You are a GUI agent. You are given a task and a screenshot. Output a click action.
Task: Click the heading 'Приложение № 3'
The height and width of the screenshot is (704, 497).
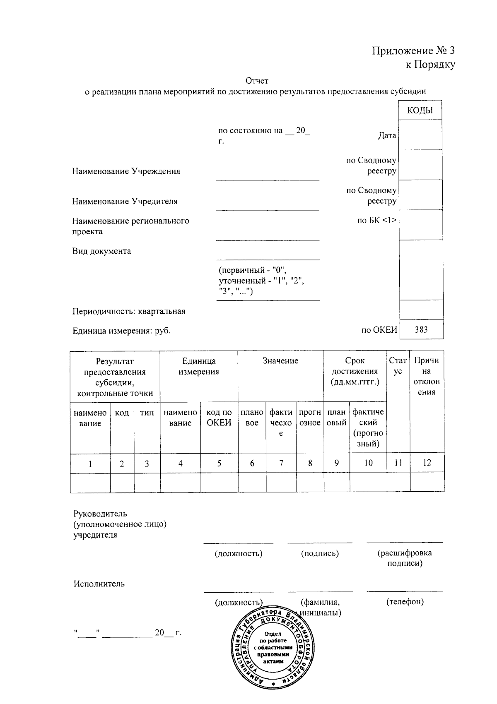(413, 51)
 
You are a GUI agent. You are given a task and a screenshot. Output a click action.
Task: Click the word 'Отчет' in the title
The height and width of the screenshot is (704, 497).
(257, 80)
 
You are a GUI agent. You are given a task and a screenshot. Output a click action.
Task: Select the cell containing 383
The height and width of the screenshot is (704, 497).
(421, 330)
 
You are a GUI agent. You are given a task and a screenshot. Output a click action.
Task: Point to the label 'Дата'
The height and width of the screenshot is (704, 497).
(387, 136)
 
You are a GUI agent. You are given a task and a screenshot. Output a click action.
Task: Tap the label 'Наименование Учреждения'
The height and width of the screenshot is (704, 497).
(126, 171)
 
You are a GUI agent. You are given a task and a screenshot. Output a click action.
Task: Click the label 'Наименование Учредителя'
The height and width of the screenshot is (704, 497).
(125, 202)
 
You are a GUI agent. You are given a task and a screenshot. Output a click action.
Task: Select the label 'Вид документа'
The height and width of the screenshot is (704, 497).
(101, 251)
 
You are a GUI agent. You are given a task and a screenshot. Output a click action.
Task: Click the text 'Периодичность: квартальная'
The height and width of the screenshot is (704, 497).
(129, 311)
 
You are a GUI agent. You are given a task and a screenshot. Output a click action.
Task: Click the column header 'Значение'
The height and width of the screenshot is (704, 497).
(280, 361)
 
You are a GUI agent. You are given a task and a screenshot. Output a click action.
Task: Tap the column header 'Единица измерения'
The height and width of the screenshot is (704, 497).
(199, 366)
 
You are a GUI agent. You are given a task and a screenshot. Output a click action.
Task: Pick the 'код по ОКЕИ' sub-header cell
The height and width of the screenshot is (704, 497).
(219, 418)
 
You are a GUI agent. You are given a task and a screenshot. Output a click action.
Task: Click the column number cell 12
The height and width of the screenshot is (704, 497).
(427, 463)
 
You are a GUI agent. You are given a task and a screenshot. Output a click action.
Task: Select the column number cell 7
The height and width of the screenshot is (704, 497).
(281, 463)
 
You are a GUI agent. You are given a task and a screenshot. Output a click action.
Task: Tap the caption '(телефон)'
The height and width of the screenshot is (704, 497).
(405, 602)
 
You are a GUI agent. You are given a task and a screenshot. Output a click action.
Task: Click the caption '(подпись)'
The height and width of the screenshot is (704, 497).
(320, 553)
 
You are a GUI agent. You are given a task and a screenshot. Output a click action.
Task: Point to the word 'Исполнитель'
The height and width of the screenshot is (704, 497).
(99, 584)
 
